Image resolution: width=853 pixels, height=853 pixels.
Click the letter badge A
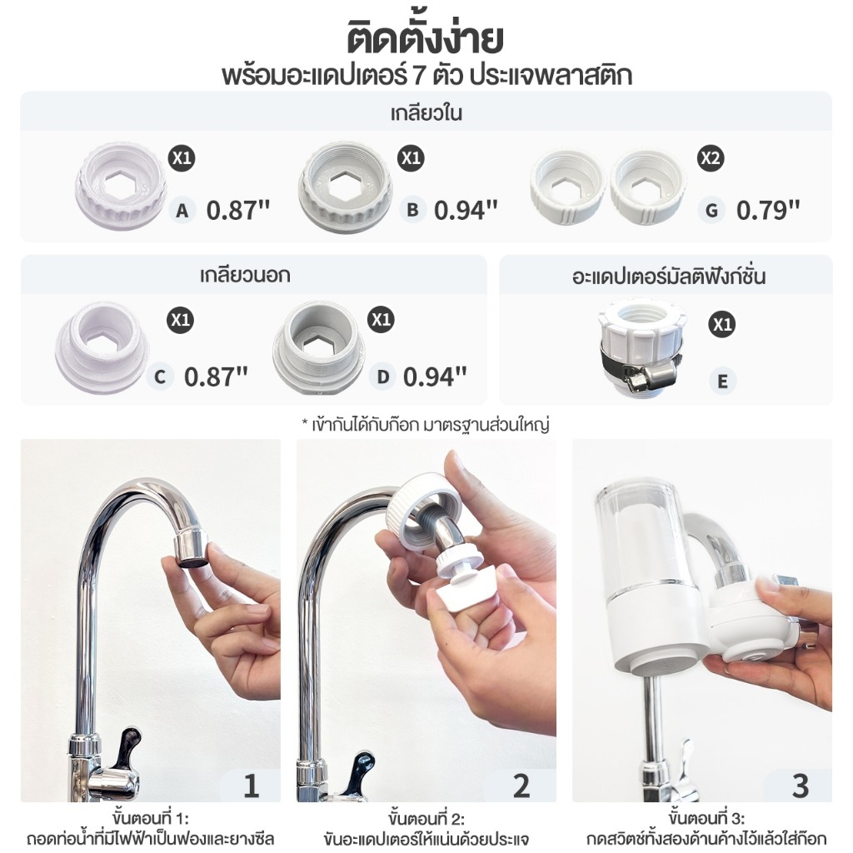point(182,211)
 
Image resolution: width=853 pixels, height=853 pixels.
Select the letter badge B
point(412,210)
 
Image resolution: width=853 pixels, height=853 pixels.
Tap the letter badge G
point(711,210)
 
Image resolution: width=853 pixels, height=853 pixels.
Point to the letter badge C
point(160,377)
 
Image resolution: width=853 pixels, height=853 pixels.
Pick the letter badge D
point(382,377)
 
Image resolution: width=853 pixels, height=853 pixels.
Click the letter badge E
point(722,381)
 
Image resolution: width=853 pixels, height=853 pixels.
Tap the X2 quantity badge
point(711,158)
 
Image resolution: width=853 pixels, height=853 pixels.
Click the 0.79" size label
point(767,210)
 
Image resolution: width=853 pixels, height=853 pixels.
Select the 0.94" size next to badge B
point(466,210)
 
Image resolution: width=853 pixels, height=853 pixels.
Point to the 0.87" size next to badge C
point(216,377)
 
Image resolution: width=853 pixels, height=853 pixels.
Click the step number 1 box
point(251,785)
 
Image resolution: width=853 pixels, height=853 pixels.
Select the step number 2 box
point(521,785)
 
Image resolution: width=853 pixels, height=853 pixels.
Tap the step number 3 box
point(799,785)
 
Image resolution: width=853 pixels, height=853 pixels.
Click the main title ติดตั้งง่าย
point(426,39)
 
